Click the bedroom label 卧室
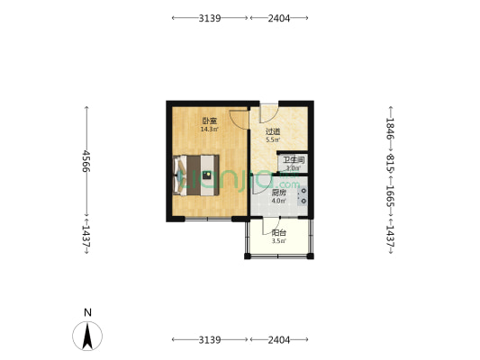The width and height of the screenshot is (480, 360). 208,121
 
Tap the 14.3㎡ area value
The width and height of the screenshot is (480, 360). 208,130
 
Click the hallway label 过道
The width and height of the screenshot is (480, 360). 272,132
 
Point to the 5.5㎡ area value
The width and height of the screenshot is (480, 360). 272,141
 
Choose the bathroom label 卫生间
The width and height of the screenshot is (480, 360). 294,160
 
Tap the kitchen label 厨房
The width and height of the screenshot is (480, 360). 278,193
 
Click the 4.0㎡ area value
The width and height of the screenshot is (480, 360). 278,202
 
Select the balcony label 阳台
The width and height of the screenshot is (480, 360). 278,232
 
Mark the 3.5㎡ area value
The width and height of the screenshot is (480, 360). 278,241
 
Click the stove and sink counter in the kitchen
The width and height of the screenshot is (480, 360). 304,196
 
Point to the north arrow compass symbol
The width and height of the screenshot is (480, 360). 87,337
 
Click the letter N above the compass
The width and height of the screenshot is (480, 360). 87,313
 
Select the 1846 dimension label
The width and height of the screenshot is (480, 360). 390,128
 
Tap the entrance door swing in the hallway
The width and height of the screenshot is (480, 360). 267,114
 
